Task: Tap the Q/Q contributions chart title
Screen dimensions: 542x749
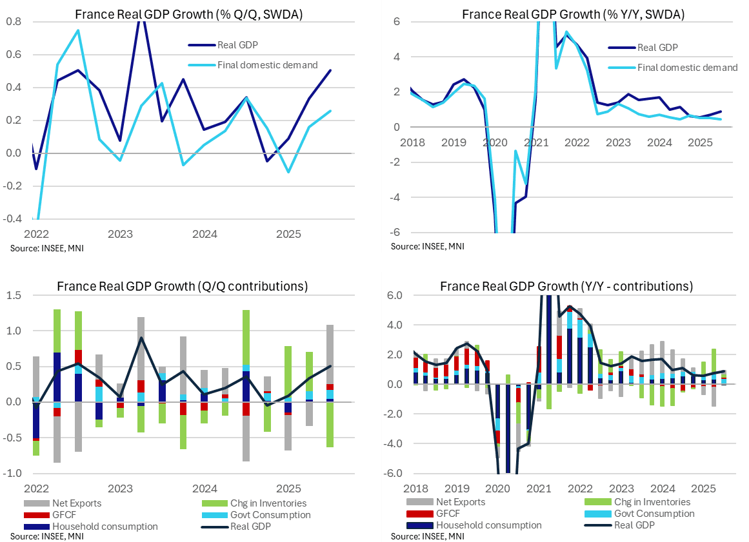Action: pyautogui.click(x=182, y=286)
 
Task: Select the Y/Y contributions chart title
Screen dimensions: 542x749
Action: pyautogui.click(x=566, y=286)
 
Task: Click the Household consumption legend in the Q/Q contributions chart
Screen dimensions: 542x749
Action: pyautogui.click(x=103, y=526)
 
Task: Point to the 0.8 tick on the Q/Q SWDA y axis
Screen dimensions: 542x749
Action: pyautogui.click(x=13, y=21)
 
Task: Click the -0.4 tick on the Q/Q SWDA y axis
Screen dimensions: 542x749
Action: pyautogui.click(x=12, y=218)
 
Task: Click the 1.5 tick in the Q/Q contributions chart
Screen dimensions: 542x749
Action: pyautogui.click(x=14, y=295)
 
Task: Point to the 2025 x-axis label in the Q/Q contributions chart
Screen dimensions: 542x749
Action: pyautogui.click(x=287, y=488)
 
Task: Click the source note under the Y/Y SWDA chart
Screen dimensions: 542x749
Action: pyautogui.click(x=427, y=246)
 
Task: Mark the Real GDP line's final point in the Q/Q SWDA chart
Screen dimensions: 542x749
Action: pyautogui.click(x=330, y=70)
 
